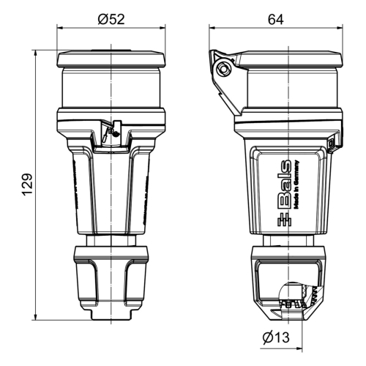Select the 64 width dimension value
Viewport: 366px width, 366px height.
[275, 20]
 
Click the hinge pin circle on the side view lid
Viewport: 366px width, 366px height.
[224, 70]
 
